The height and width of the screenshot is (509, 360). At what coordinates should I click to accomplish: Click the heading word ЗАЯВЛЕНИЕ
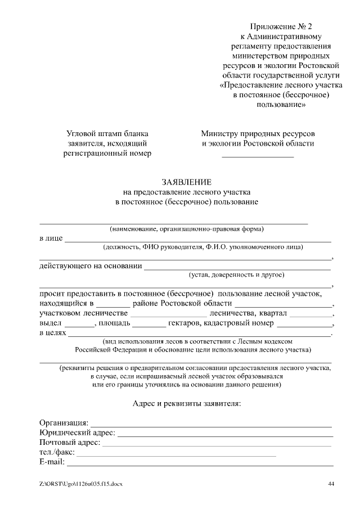tap(187, 182)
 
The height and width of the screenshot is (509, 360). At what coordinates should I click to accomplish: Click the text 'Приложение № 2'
tap(280, 27)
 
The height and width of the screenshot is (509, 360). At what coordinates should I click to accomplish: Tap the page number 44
tap(331, 484)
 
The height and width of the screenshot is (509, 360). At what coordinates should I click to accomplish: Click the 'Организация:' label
tap(64, 422)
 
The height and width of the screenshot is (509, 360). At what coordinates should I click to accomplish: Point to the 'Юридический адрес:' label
tap(77, 433)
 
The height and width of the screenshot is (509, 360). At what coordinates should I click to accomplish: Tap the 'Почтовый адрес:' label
tap(70, 443)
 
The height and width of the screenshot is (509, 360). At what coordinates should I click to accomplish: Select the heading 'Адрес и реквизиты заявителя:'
tap(187, 403)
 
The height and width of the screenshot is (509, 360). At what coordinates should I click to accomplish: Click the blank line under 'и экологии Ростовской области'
tap(258, 155)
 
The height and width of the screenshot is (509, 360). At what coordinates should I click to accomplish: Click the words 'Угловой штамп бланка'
tap(107, 134)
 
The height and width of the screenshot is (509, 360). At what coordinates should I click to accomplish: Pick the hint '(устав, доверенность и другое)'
tap(236, 275)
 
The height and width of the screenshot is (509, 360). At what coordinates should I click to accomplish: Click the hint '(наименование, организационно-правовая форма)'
tap(187, 229)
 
